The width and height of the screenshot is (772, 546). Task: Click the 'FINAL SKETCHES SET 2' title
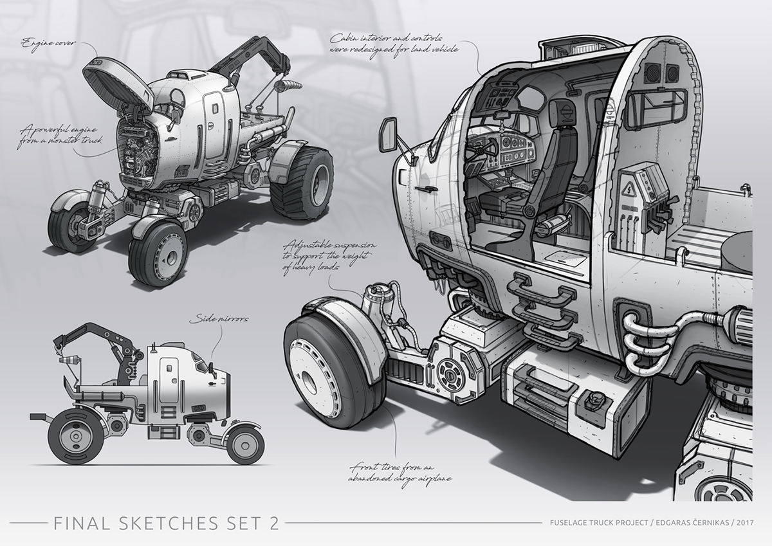pos(163,522)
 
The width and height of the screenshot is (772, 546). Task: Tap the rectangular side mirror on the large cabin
pos(391,134)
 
